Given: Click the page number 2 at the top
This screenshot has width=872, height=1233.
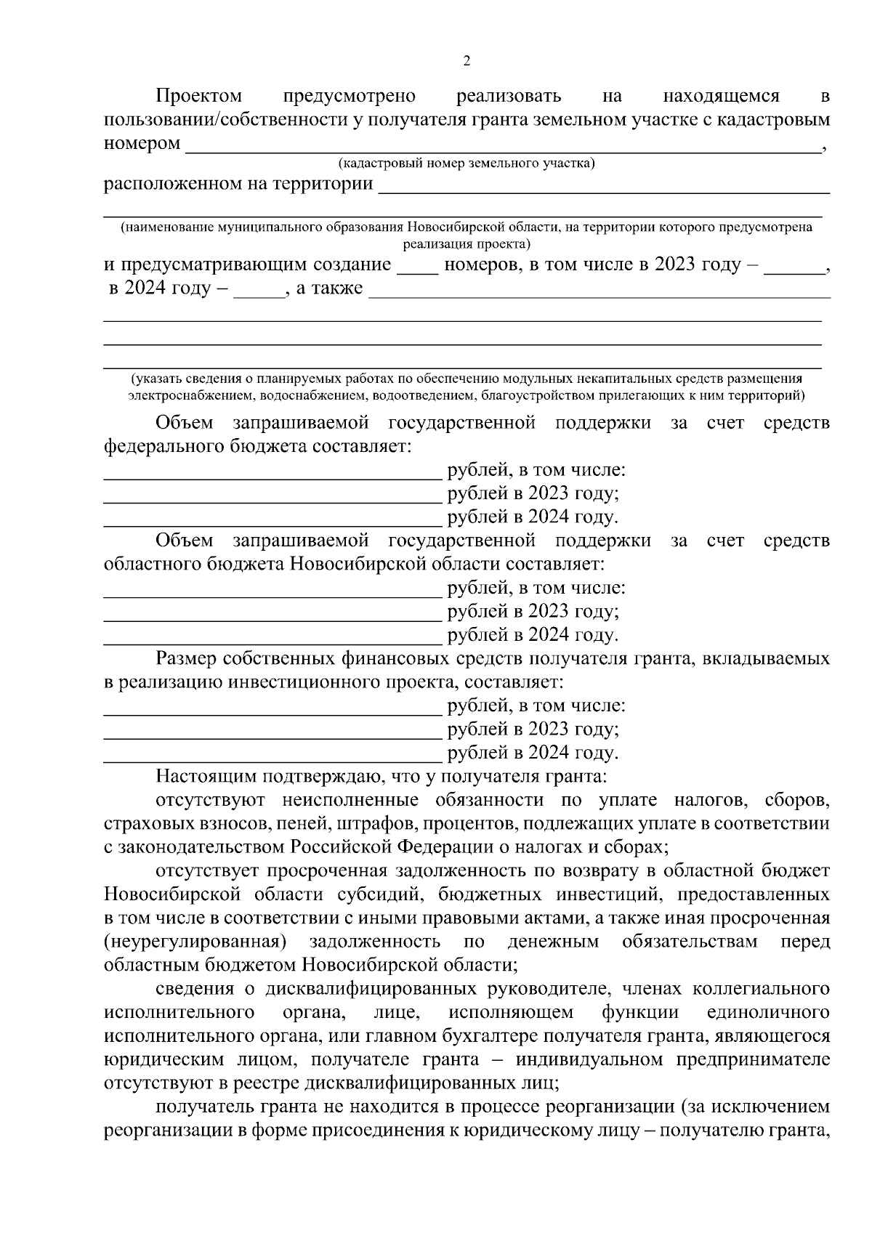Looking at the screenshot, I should [x=467, y=61].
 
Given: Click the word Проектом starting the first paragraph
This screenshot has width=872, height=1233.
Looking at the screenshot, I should [x=198, y=96].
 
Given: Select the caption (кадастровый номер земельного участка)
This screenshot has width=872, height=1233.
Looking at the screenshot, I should [x=467, y=163].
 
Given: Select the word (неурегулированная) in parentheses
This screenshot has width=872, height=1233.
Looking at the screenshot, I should [x=192, y=942].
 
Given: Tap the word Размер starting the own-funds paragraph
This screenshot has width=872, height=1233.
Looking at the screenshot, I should [x=187, y=658].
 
